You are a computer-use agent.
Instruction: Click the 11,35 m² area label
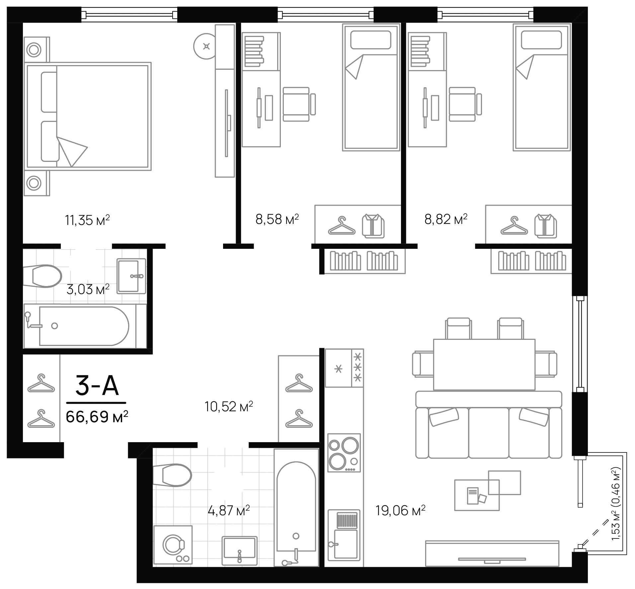click(x=87, y=220)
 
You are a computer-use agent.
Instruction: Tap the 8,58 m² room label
click(x=277, y=219)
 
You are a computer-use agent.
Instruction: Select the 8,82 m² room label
click(x=446, y=219)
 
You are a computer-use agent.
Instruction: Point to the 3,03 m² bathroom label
click(x=88, y=289)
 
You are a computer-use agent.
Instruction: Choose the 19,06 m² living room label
click(x=400, y=510)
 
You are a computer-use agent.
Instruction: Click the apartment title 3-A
click(x=97, y=386)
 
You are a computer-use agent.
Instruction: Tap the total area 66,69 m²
click(x=97, y=416)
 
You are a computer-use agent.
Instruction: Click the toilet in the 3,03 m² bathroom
click(x=45, y=276)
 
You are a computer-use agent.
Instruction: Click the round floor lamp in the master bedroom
click(x=206, y=47)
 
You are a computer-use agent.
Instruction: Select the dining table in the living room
click(x=484, y=364)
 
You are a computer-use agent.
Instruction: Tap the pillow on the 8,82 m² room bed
click(x=541, y=40)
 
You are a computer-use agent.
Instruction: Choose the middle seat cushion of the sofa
click(x=489, y=433)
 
